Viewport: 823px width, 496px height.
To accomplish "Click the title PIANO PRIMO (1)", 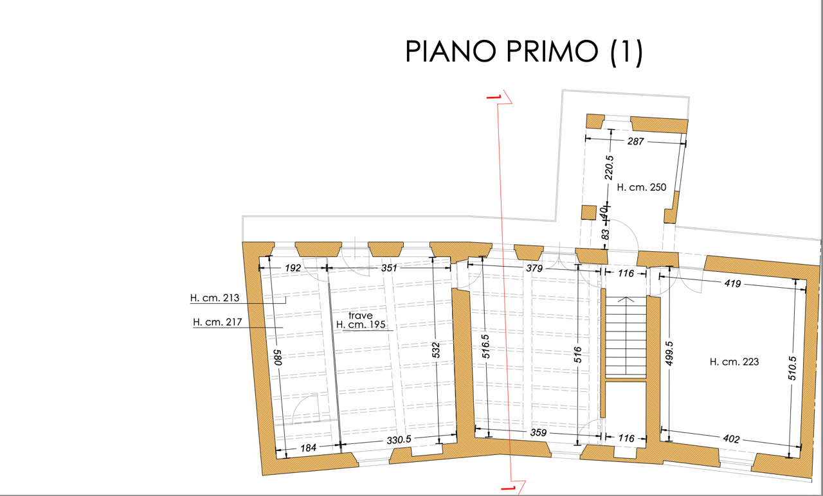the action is (x=524, y=52).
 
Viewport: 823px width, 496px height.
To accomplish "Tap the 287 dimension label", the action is (x=636, y=141).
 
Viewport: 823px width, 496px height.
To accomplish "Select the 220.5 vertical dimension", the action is (x=609, y=168).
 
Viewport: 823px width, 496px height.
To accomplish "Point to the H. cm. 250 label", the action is (x=642, y=187).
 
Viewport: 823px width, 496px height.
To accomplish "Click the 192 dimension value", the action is (x=293, y=268).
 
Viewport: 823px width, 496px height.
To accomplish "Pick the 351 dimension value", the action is (x=389, y=268).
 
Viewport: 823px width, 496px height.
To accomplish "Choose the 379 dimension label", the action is (x=534, y=269).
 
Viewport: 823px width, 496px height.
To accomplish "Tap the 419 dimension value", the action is (x=732, y=283).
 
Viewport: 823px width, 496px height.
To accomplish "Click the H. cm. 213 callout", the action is (x=215, y=297).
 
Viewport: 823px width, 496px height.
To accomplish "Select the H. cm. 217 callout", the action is (x=217, y=322).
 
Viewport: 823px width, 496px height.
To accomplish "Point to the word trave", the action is (x=361, y=315).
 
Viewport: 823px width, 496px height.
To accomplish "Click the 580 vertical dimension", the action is (x=278, y=357).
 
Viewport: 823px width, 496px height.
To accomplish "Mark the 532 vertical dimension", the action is (x=436, y=350).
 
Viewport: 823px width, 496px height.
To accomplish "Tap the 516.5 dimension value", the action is (x=485, y=346).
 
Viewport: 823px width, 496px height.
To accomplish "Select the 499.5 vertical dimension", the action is (x=669, y=353).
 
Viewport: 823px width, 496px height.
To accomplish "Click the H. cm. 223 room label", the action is (x=734, y=362).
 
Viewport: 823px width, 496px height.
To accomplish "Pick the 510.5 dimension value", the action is (x=793, y=368).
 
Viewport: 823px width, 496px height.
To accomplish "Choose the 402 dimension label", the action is (x=731, y=439).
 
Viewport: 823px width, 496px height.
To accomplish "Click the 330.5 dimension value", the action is (x=399, y=440).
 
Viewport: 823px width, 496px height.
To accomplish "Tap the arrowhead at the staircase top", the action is (x=626, y=299).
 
